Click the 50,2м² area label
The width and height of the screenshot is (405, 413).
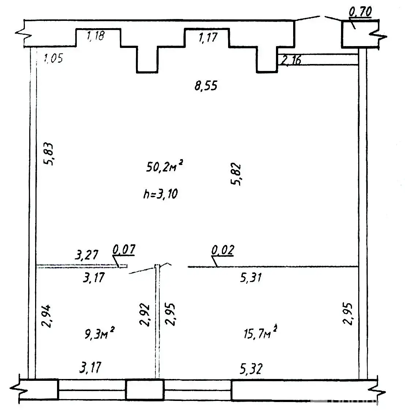[x=164, y=166]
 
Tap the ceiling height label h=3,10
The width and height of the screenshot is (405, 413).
[x=160, y=194]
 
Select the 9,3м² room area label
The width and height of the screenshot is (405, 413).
[x=99, y=333]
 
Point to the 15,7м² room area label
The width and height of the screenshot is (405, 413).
[x=260, y=332]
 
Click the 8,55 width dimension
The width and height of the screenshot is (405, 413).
[x=206, y=86]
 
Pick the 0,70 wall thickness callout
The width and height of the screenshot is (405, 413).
[x=360, y=12]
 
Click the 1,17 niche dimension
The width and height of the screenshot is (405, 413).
[x=208, y=37]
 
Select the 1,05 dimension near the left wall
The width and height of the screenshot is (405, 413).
[x=53, y=58]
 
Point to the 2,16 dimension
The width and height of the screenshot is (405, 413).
[x=291, y=60]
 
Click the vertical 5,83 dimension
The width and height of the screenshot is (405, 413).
[x=49, y=154]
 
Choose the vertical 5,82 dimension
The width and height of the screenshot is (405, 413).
[x=236, y=174]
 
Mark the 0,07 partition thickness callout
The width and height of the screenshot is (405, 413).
[x=124, y=249]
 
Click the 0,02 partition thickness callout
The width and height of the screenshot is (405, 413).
[x=223, y=250]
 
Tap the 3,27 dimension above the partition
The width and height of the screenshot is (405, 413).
[x=86, y=255]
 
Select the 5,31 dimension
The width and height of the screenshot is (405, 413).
[x=251, y=278]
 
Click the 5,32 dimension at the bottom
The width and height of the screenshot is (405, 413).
[x=251, y=369]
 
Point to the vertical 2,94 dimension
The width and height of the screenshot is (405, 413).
[x=48, y=316]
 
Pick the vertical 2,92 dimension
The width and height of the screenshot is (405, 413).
[x=144, y=315]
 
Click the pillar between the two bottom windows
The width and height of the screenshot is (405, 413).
[x=145, y=389]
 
